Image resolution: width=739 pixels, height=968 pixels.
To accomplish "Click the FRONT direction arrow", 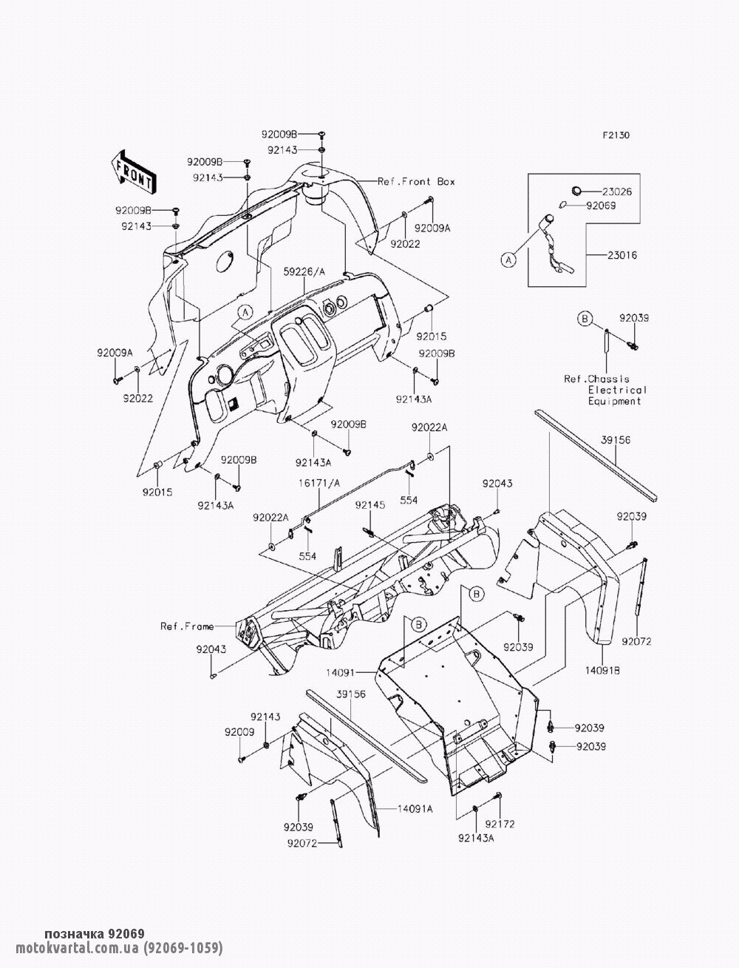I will click(x=132, y=170).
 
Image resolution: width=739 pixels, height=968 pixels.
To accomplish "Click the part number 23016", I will click(x=622, y=255).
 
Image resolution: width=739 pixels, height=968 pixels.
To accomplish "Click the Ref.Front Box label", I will click(x=416, y=181).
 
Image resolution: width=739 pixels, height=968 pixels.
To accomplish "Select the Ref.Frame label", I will click(x=187, y=626).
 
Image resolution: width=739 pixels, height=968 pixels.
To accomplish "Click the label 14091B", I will click(x=603, y=671).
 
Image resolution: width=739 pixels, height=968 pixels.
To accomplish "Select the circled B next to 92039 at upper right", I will click(x=584, y=319).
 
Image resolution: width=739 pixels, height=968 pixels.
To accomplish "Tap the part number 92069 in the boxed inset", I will click(x=601, y=206).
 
